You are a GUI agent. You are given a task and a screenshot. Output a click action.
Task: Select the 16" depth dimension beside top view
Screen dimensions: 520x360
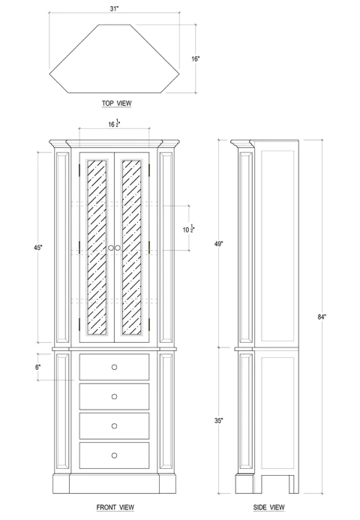coord(195,59)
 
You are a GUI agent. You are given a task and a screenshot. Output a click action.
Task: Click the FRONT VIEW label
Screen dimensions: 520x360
coord(115,508)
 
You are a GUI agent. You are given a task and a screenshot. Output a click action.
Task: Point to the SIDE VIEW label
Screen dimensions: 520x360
coord(268,508)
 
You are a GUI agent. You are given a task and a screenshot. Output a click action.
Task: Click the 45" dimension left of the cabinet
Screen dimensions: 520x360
coord(37,247)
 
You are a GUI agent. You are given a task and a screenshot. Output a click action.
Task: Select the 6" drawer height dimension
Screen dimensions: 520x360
coord(37,367)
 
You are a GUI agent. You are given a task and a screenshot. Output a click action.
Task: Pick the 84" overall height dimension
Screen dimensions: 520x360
coord(322,317)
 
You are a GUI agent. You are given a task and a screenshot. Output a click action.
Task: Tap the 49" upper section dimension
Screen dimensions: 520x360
coord(217,243)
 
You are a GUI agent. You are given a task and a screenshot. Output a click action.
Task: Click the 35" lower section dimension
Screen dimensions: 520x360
coord(217,421)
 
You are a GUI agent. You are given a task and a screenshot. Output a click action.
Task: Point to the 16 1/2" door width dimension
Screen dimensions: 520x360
coord(115,125)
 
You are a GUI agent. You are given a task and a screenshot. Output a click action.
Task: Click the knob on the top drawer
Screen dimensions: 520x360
coord(115,367)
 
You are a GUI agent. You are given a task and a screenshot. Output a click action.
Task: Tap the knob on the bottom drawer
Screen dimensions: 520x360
coord(115,455)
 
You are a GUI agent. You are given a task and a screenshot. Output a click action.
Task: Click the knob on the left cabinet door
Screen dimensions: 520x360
coord(110,248)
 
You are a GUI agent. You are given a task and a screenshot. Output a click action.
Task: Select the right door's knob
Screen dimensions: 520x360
coord(118,248)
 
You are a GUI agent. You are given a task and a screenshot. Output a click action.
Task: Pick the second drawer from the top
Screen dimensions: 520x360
coord(115,396)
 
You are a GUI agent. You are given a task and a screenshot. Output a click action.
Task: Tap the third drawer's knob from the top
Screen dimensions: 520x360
coord(115,425)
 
